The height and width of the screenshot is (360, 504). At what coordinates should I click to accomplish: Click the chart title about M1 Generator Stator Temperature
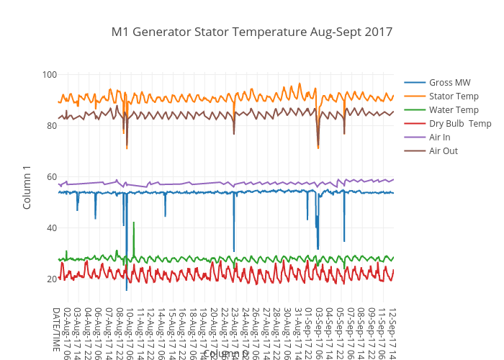pos(252,32)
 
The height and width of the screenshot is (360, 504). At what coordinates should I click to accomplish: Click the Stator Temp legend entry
pos(453,96)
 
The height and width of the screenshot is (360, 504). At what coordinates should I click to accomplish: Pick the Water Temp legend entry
pos(454,109)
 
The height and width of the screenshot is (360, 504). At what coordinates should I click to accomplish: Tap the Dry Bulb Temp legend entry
pos(460,123)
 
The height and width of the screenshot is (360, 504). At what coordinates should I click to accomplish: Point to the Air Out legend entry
pos(443,150)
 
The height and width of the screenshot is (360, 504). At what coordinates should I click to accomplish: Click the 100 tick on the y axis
pos(50,74)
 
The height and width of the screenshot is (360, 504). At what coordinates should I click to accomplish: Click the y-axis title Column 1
pos(27,187)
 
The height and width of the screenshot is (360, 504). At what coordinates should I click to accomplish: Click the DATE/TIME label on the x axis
pos(55,329)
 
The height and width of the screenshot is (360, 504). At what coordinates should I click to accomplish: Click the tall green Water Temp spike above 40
pos(134,224)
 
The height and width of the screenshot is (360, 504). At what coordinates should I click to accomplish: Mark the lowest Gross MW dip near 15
pos(127,289)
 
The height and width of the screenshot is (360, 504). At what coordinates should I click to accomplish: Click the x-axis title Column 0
pos(225,354)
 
